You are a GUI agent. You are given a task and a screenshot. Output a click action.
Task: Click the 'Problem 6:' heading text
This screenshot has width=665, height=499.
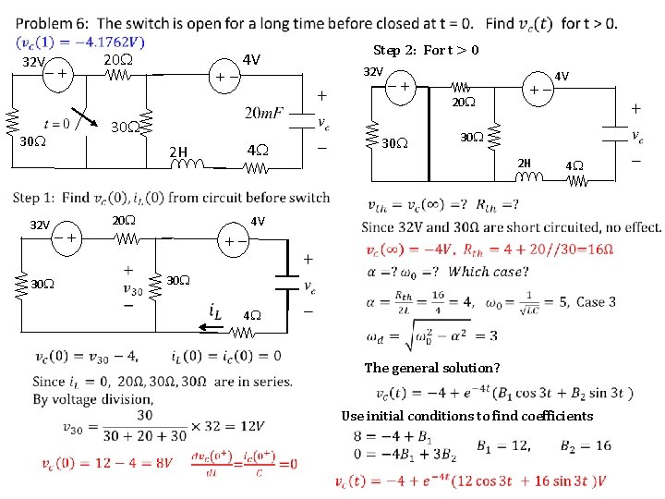pyautogui.click(x=53, y=23)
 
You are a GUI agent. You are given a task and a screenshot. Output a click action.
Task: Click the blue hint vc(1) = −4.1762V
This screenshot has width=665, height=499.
pyautogui.click(x=80, y=42)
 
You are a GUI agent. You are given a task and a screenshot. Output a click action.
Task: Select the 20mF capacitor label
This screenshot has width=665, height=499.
pyautogui.click(x=264, y=113)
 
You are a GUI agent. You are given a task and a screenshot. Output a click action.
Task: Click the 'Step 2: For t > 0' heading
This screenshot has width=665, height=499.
pyautogui.click(x=426, y=50)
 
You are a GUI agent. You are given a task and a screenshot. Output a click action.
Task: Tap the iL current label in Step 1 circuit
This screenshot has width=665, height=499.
pyautogui.click(x=213, y=312)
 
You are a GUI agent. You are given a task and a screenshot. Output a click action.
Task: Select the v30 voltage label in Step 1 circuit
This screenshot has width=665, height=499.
pyautogui.click(x=133, y=286)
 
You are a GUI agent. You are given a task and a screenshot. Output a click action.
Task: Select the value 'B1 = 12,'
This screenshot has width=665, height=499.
pyautogui.click(x=503, y=446)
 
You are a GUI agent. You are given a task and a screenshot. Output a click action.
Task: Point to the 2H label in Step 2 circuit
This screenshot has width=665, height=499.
pyautogui.click(x=524, y=164)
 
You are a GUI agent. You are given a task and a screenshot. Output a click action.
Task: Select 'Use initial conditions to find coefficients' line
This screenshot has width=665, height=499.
pyautogui.click(x=466, y=416)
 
